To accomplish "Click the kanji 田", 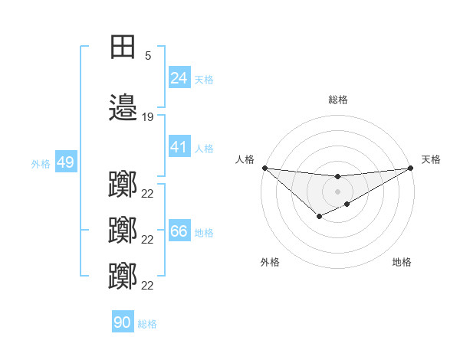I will [x=123, y=47].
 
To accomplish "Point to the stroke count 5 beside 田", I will [x=147, y=55].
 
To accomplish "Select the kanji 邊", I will [x=123, y=109].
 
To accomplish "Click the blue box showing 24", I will [x=179, y=78].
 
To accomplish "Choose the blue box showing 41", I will [x=179, y=148].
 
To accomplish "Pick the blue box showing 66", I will [x=179, y=231].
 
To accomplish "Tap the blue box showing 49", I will [x=65, y=163].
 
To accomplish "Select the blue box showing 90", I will [x=123, y=323].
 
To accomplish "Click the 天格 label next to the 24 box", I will [x=203, y=79].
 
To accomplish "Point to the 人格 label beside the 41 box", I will [x=203, y=149].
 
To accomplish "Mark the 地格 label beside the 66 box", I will [x=203, y=232].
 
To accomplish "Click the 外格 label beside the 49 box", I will [x=41, y=164].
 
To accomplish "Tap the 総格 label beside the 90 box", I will [x=147, y=324].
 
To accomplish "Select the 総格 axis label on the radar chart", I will [x=337, y=100].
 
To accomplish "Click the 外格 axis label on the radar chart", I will [x=270, y=262].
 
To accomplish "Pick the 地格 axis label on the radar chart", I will [x=402, y=262].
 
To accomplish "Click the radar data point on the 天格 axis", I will [x=410, y=168].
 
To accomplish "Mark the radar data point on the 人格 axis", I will [x=264, y=168].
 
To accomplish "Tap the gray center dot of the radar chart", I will [x=337, y=191].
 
